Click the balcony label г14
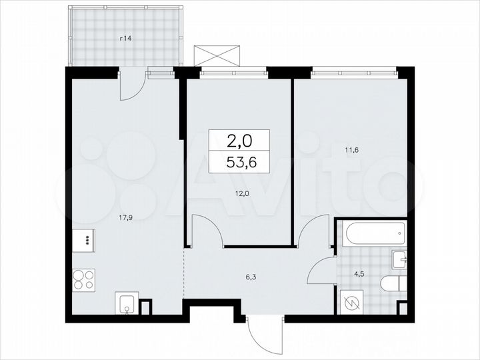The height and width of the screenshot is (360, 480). point(125,39)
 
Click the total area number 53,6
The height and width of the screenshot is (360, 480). point(240,162)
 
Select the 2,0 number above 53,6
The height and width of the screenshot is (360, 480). point(240,141)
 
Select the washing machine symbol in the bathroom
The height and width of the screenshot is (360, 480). point(351,302)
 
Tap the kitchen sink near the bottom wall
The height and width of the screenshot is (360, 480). point(126,304)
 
